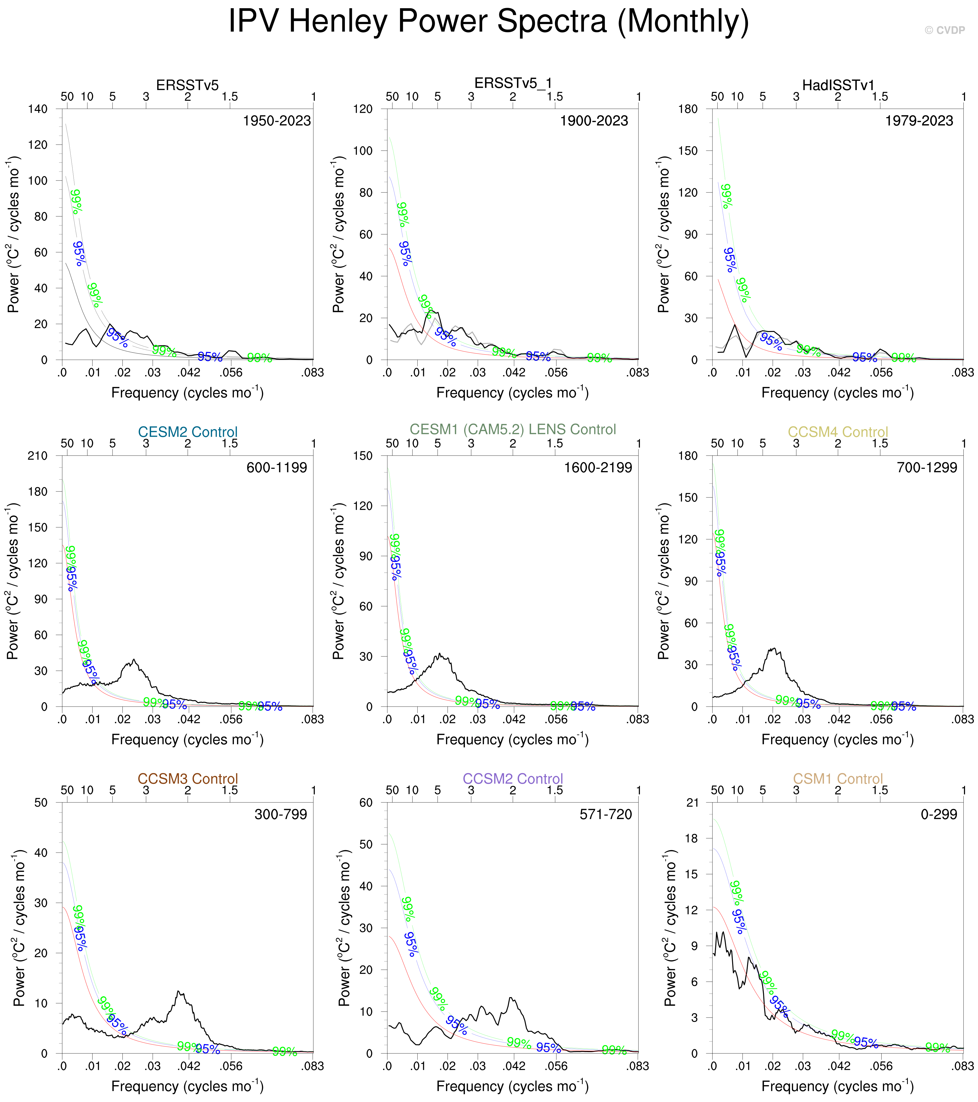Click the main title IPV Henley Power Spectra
pos(488,22)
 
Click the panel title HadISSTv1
pos(838,85)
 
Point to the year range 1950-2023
pos(277,121)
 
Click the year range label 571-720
pos(605,814)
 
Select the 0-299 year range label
pos(938,814)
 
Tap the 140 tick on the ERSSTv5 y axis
pos(38,109)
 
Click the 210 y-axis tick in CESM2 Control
pos(38,456)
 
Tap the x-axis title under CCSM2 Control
pos(512,1086)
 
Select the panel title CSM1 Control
pos(838,779)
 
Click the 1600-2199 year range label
pos(598,467)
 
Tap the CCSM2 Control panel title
pos(513,779)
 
